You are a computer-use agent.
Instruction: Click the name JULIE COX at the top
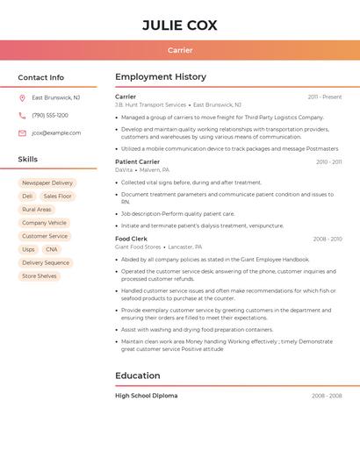pyautogui.click(x=180, y=25)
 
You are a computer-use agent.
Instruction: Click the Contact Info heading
pyautogui.click(x=41, y=77)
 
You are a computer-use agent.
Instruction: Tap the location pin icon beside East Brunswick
pyautogui.click(x=22, y=98)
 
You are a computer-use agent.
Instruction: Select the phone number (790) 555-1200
pyautogui.click(x=50, y=116)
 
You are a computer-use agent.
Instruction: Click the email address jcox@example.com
pyautogui.click(x=56, y=133)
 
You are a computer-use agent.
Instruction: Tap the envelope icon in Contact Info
pyautogui.click(x=22, y=133)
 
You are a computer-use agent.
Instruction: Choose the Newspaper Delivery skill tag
pyautogui.click(x=47, y=183)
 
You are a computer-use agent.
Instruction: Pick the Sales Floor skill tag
pyautogui.click(x=57, y=197)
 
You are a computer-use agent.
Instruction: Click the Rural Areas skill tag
pyautogui.click(x=37, y=210)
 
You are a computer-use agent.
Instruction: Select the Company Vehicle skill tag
pyautogui.click(x=45, y=223)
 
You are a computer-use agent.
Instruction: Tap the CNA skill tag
pyautogui.click(x=52, y=249)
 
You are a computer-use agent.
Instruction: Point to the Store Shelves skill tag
pyautogui.click(x=40, y=276)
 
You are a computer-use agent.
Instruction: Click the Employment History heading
pyautogui.click(x=161, y=77)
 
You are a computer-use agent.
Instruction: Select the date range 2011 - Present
pyautogui.click(x=324, y=97)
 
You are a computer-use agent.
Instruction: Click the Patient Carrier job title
pyautogui.click(x=138, y=161)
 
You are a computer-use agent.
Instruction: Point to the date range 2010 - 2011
pyautogui.click(x=328, y=162)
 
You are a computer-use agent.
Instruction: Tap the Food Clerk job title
pyautogui.click(x=132, y=239)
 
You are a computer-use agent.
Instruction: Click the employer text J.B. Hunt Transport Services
pyautogui.click(x=151, y=105)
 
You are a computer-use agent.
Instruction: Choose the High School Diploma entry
pyautogui.click(x=147, y=396)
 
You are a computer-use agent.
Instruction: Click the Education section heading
pyautogui.click(x=138, y=376)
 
